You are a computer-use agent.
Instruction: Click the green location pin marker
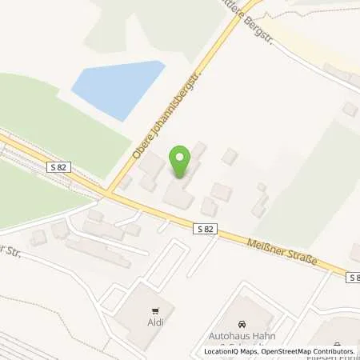[x=181, y=163]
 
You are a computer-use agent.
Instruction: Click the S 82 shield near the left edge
[x=57, y=167]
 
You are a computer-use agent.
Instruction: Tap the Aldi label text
[x=156, y=323]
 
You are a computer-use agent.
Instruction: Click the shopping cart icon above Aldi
[x=156, y=311]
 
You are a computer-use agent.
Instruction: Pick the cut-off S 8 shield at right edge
[x=353, y=277]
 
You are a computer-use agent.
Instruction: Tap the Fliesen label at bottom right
[x=336, y=338]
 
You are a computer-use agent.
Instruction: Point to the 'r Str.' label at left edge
[x=10, y=250]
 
